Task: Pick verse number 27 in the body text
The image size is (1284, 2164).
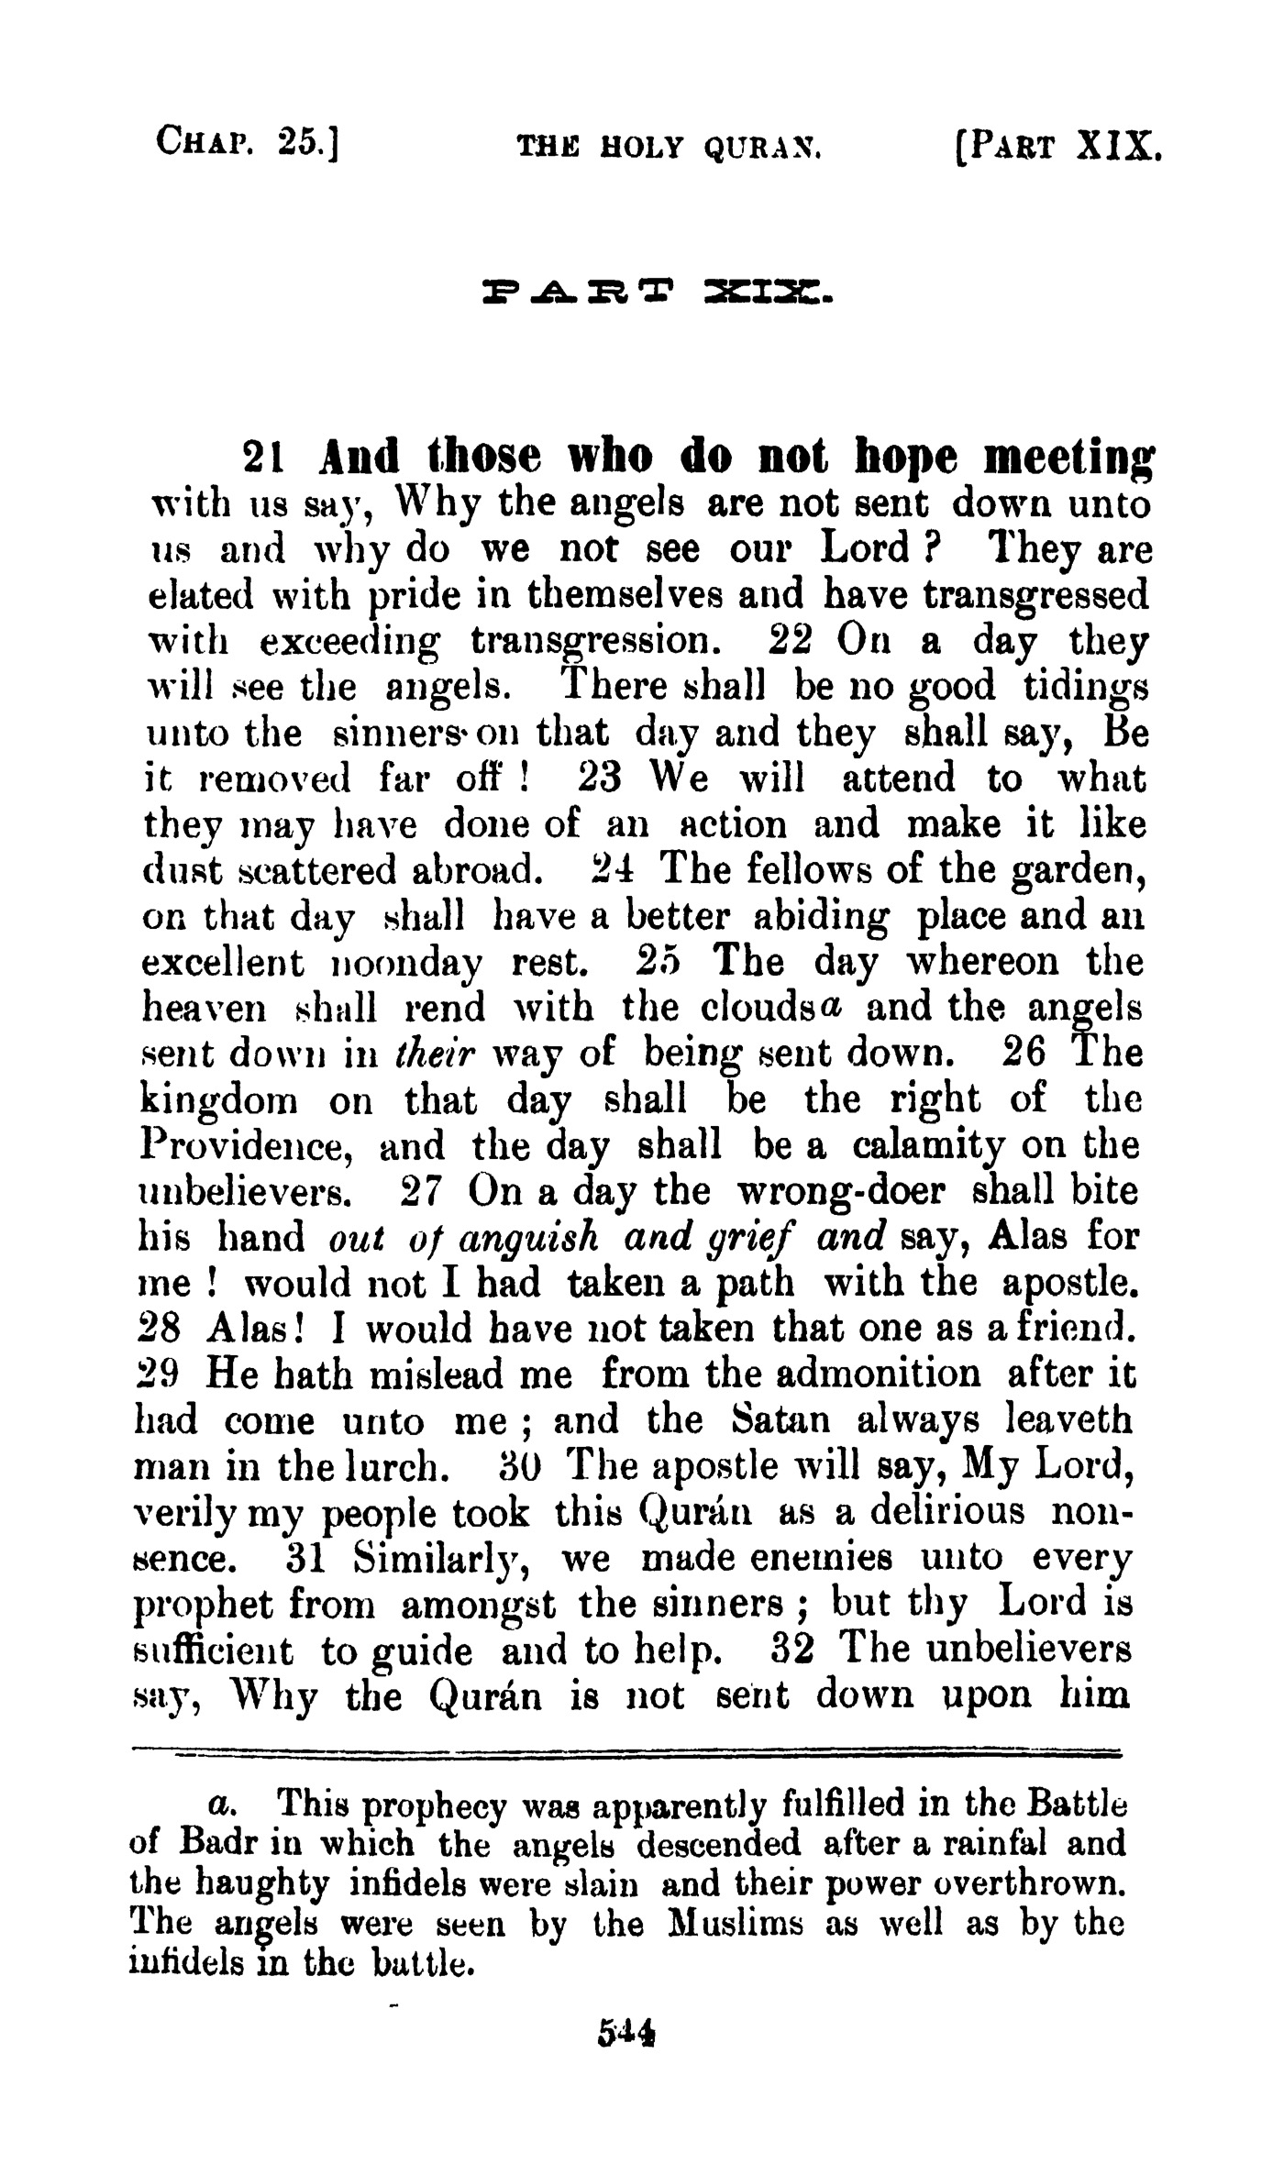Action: [424, 1191]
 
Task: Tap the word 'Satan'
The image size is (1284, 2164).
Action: [781, 1420]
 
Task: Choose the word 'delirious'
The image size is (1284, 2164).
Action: [946, 1512]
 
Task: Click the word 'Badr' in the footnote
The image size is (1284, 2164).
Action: [217, 1842]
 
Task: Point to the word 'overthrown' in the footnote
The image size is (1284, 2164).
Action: [1034, 1882]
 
